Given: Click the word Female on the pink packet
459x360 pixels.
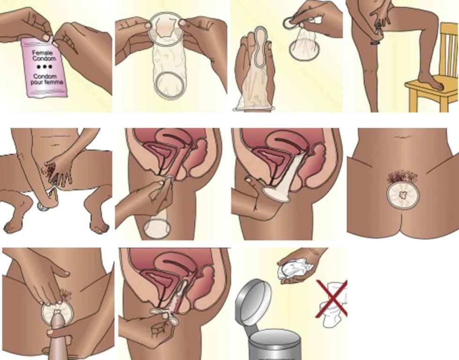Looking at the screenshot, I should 43,53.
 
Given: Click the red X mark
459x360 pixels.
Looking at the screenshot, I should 332,299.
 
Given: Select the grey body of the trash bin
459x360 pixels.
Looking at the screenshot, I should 274,347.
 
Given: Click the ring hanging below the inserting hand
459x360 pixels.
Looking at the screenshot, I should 157,228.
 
